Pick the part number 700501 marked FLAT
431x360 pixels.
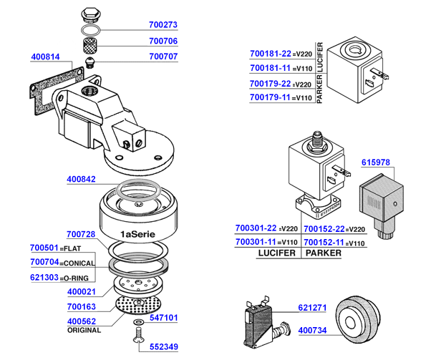click(x=44, y=248)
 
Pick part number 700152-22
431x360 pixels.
click(x=320, y=228)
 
